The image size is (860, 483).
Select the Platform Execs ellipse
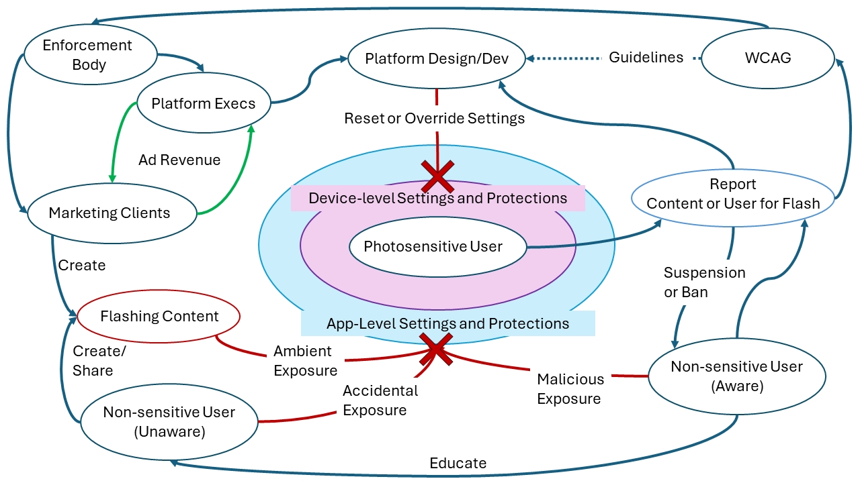(203, 104)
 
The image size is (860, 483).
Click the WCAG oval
(768, 58)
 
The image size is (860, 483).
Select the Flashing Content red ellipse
(159, 316)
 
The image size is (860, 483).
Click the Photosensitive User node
(433, 246)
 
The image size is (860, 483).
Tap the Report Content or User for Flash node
(733, 194)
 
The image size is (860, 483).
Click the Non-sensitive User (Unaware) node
(169, 421)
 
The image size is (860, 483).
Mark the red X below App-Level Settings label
(436, 350)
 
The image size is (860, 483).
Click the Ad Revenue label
(179, 160)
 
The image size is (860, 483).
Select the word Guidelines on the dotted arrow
(646, 58)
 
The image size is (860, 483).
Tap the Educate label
(458, 463)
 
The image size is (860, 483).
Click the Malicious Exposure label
(570, 389)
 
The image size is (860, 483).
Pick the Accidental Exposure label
(380, 400)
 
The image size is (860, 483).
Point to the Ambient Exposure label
(305, 360)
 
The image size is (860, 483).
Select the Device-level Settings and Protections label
(437, 198)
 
